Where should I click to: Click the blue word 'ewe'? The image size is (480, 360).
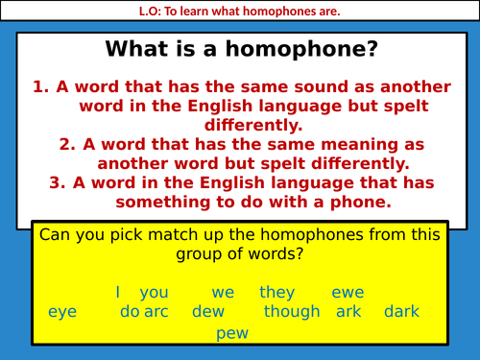coord(348,293)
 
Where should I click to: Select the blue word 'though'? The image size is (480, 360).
coord(292,312)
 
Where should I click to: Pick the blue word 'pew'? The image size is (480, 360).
coord(232,332)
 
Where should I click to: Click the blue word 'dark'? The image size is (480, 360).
coord(401,312)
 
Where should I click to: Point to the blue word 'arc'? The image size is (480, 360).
coord(156,312)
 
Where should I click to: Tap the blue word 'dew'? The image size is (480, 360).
coord(207,312)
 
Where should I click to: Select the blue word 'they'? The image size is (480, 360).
coord(277,293)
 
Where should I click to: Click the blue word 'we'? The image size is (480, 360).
coord(224,293)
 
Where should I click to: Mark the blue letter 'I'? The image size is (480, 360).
coord(117,293)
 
